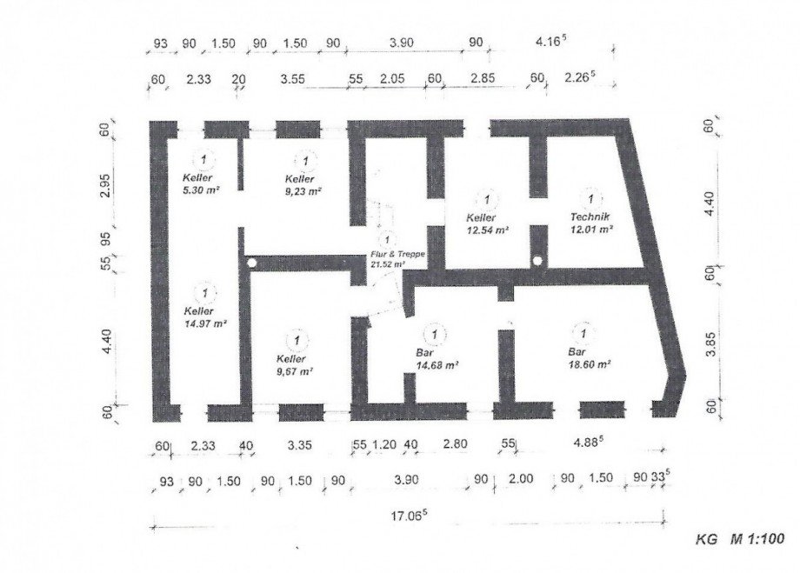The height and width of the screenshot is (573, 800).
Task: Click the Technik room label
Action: (590, 217)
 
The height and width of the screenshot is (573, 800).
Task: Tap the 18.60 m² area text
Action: (590, 364)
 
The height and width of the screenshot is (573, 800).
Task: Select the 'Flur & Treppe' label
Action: (398, 254)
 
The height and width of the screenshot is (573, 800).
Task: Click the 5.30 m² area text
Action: (201, 190)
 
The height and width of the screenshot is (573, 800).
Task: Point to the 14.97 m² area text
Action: (205, 323)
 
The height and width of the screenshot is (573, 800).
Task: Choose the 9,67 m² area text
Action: (295, 371)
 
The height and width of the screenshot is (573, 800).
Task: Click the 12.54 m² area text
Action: (487, 230)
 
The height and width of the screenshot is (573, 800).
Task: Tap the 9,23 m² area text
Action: (303, 191)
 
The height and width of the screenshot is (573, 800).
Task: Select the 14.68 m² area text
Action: (437, 365)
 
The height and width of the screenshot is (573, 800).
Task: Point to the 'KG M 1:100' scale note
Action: (740, 539)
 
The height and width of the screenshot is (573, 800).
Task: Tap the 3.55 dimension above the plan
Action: (292, 78)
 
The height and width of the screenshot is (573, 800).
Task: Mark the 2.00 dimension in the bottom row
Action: (521, 478)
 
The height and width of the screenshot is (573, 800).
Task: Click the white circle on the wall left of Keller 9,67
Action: (251, 263)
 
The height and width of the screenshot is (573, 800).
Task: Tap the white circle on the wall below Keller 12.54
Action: (537, 261)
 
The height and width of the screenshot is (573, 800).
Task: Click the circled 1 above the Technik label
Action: (590, 198)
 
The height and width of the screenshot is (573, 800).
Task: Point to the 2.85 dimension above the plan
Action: (483, 78)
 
